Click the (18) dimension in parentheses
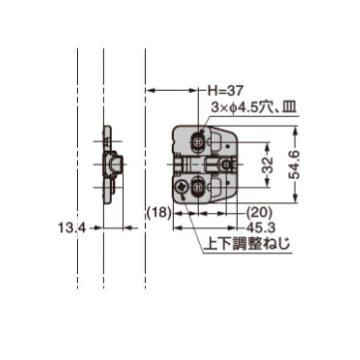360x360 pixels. (x=157, y=212)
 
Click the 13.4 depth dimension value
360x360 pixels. (x=71, y=228)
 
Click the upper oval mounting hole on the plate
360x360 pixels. (x=198, y=141)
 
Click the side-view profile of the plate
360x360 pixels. (x=108, y=165)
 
